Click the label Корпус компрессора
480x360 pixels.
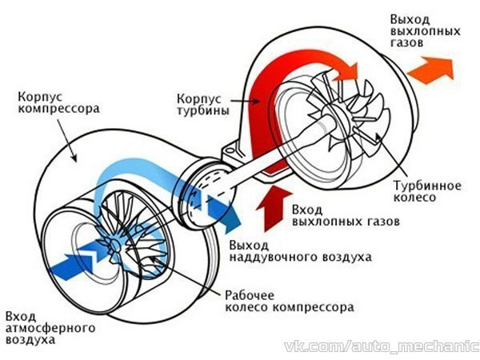click(x=58, y=102)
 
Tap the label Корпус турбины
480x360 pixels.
click(x=203, y=104)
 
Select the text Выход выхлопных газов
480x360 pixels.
click(x=426, y=31)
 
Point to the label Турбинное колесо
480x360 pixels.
click(x=427, y=191)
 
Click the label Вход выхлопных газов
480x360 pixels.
click(x=346, y=215)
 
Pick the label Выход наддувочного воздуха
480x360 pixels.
click(x=301, y=251)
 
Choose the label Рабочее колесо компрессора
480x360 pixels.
click(x=290, y=302)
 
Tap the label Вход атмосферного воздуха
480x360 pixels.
click(x=50, y=328)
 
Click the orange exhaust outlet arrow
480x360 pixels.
click(x=430, y=70)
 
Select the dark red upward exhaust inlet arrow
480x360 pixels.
click(x=274, y=208)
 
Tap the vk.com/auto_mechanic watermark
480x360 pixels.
click(x=382, y=346)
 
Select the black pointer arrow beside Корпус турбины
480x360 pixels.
click(x=244, y=101)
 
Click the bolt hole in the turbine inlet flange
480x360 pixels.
click(x=230, y=152)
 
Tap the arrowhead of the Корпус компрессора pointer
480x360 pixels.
click(x=74, y=157)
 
